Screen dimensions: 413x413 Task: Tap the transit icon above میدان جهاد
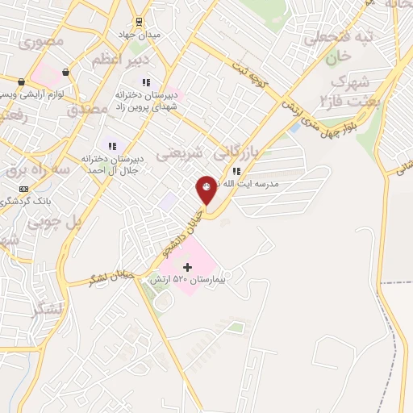139,21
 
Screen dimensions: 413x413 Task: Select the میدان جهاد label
145,35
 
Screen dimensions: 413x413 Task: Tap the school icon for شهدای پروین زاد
146,82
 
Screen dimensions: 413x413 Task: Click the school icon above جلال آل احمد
112,146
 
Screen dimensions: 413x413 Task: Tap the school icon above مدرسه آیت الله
236,171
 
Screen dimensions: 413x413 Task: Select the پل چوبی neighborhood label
55,221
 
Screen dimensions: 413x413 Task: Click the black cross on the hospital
188,267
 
